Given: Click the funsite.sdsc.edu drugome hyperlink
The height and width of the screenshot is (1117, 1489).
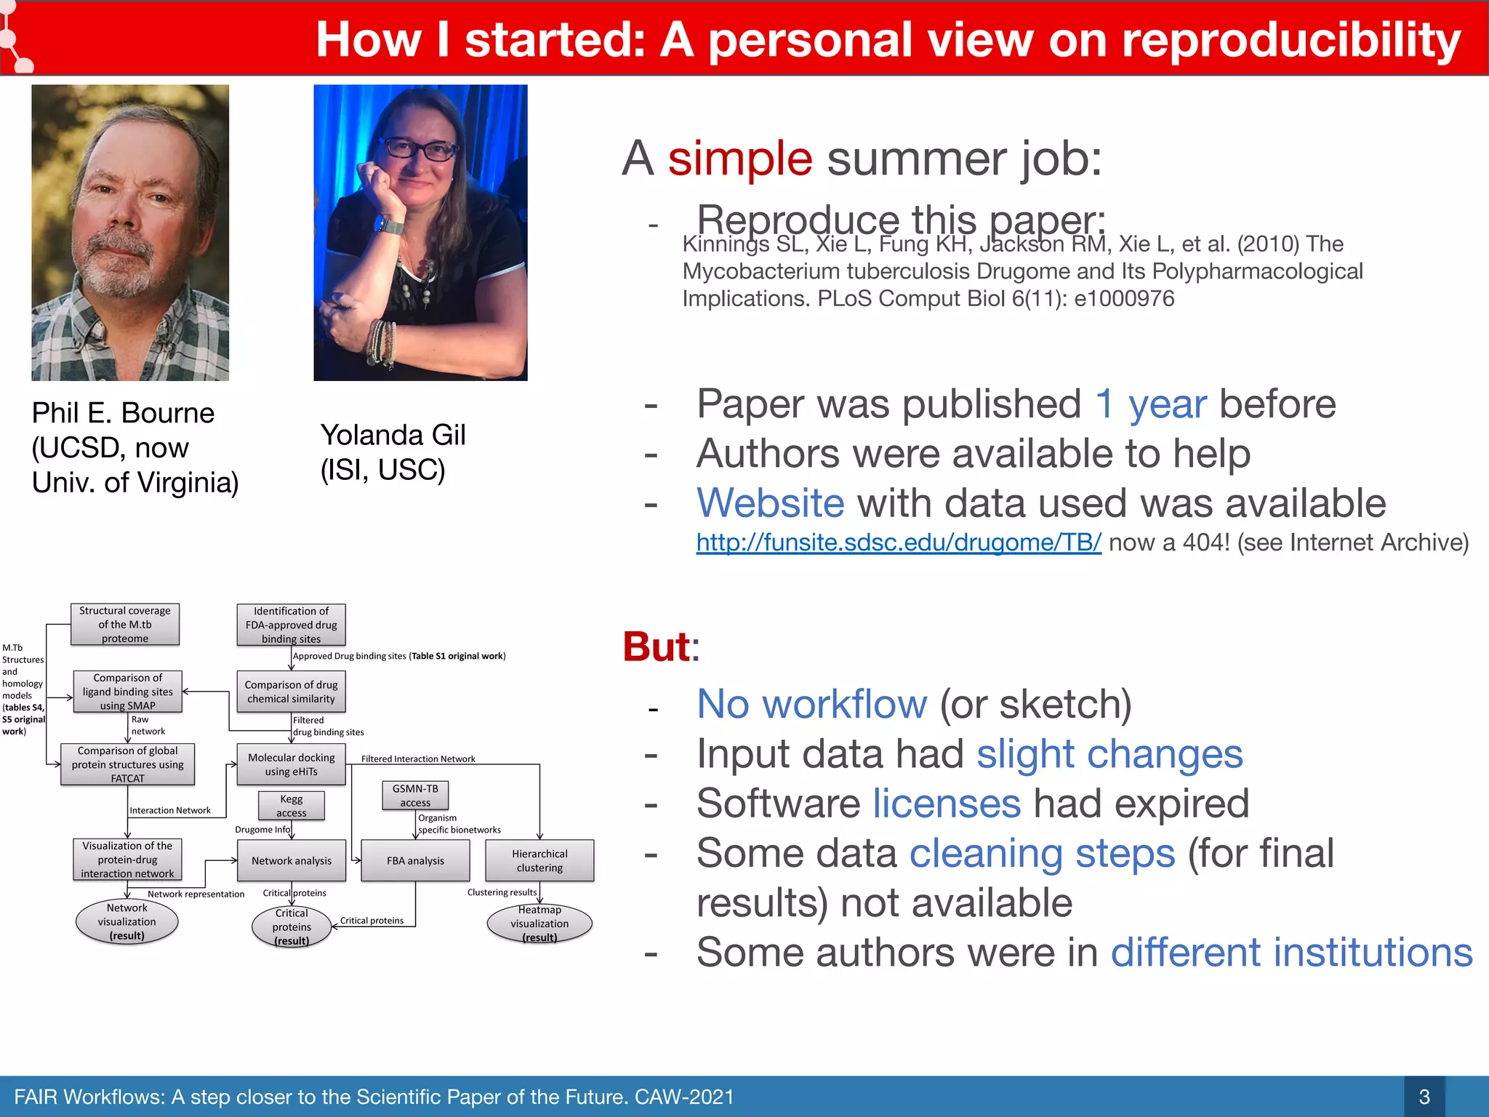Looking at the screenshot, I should (898, 543).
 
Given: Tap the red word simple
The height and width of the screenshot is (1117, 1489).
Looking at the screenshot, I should (739, 159).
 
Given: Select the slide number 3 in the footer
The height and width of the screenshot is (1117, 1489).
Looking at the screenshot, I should (1424, 1097).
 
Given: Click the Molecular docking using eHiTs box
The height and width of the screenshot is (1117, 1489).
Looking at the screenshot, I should (291, 764).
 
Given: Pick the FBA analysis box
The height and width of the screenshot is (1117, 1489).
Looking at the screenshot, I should (415, 860).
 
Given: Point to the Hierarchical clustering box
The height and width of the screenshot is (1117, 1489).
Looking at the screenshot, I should (539, 860).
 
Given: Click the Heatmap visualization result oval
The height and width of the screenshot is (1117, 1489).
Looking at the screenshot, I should (539, 924).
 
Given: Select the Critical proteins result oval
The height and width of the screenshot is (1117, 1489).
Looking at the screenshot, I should (292, 927).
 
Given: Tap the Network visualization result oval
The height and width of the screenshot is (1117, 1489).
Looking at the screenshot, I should (127, 921).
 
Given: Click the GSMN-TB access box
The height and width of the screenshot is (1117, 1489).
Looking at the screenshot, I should (415, 796).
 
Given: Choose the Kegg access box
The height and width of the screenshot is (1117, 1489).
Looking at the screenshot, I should (292, 806).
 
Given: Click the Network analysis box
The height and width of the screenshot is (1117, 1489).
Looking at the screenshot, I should (292, 860).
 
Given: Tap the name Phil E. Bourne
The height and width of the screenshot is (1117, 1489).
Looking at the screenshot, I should (123, 413).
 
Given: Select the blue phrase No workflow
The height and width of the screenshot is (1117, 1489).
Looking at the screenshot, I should (811, 704).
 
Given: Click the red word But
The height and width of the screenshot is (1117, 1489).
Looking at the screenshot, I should (656, 646).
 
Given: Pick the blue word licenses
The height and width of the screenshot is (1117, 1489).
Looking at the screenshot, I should (947, 804).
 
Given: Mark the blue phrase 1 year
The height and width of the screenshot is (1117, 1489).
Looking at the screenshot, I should (1150, 404).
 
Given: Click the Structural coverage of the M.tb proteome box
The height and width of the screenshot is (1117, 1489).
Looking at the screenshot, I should (125, 624).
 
